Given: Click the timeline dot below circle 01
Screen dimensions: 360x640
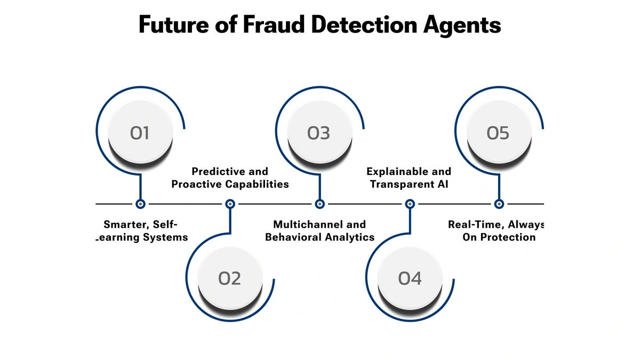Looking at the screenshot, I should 140,204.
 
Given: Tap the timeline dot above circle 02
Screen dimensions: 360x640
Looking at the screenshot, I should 230,204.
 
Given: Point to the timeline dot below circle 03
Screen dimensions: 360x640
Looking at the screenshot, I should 319,204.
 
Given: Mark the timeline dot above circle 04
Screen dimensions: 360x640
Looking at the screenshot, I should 410,204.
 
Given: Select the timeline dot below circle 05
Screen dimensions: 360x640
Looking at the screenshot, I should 499,204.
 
